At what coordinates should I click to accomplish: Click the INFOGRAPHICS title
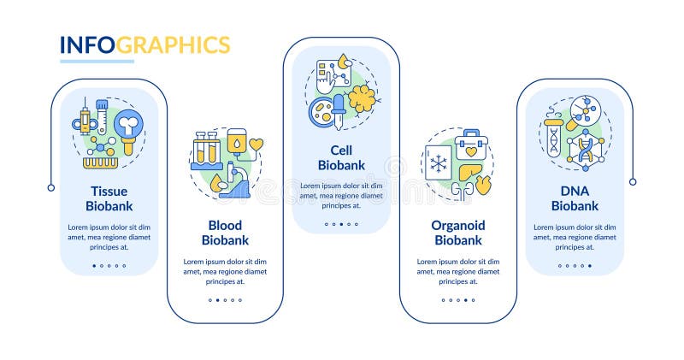click(144, 44)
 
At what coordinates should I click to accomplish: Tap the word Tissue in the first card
click(109, 191)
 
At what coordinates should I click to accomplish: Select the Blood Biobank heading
click(224, 233)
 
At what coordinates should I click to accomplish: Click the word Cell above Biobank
click(341, 150)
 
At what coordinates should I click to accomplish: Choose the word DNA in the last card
click(574, 191)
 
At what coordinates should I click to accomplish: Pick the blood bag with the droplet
click(236, 140)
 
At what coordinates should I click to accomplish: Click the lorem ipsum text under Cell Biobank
click(341, 195)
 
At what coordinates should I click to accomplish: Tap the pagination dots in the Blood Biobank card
click(224, 300)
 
